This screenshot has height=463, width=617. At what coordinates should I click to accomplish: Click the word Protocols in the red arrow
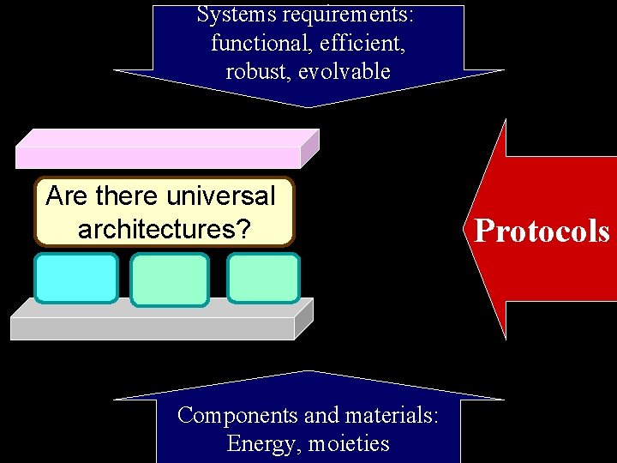(542, 231)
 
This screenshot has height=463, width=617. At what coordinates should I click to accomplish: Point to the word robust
(256, 71)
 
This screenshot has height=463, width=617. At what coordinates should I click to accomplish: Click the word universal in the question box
(221, 196)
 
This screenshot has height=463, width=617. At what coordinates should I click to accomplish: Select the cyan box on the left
(75, 278)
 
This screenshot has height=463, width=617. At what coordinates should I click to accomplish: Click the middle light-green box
(170, 280)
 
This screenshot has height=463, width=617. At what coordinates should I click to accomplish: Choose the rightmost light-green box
(263, 278)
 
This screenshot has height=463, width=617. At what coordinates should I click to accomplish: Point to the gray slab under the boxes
(154, 322)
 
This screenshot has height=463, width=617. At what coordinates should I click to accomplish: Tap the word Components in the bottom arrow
(238, 416)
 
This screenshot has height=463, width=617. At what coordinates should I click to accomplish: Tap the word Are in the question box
(65, 196)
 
